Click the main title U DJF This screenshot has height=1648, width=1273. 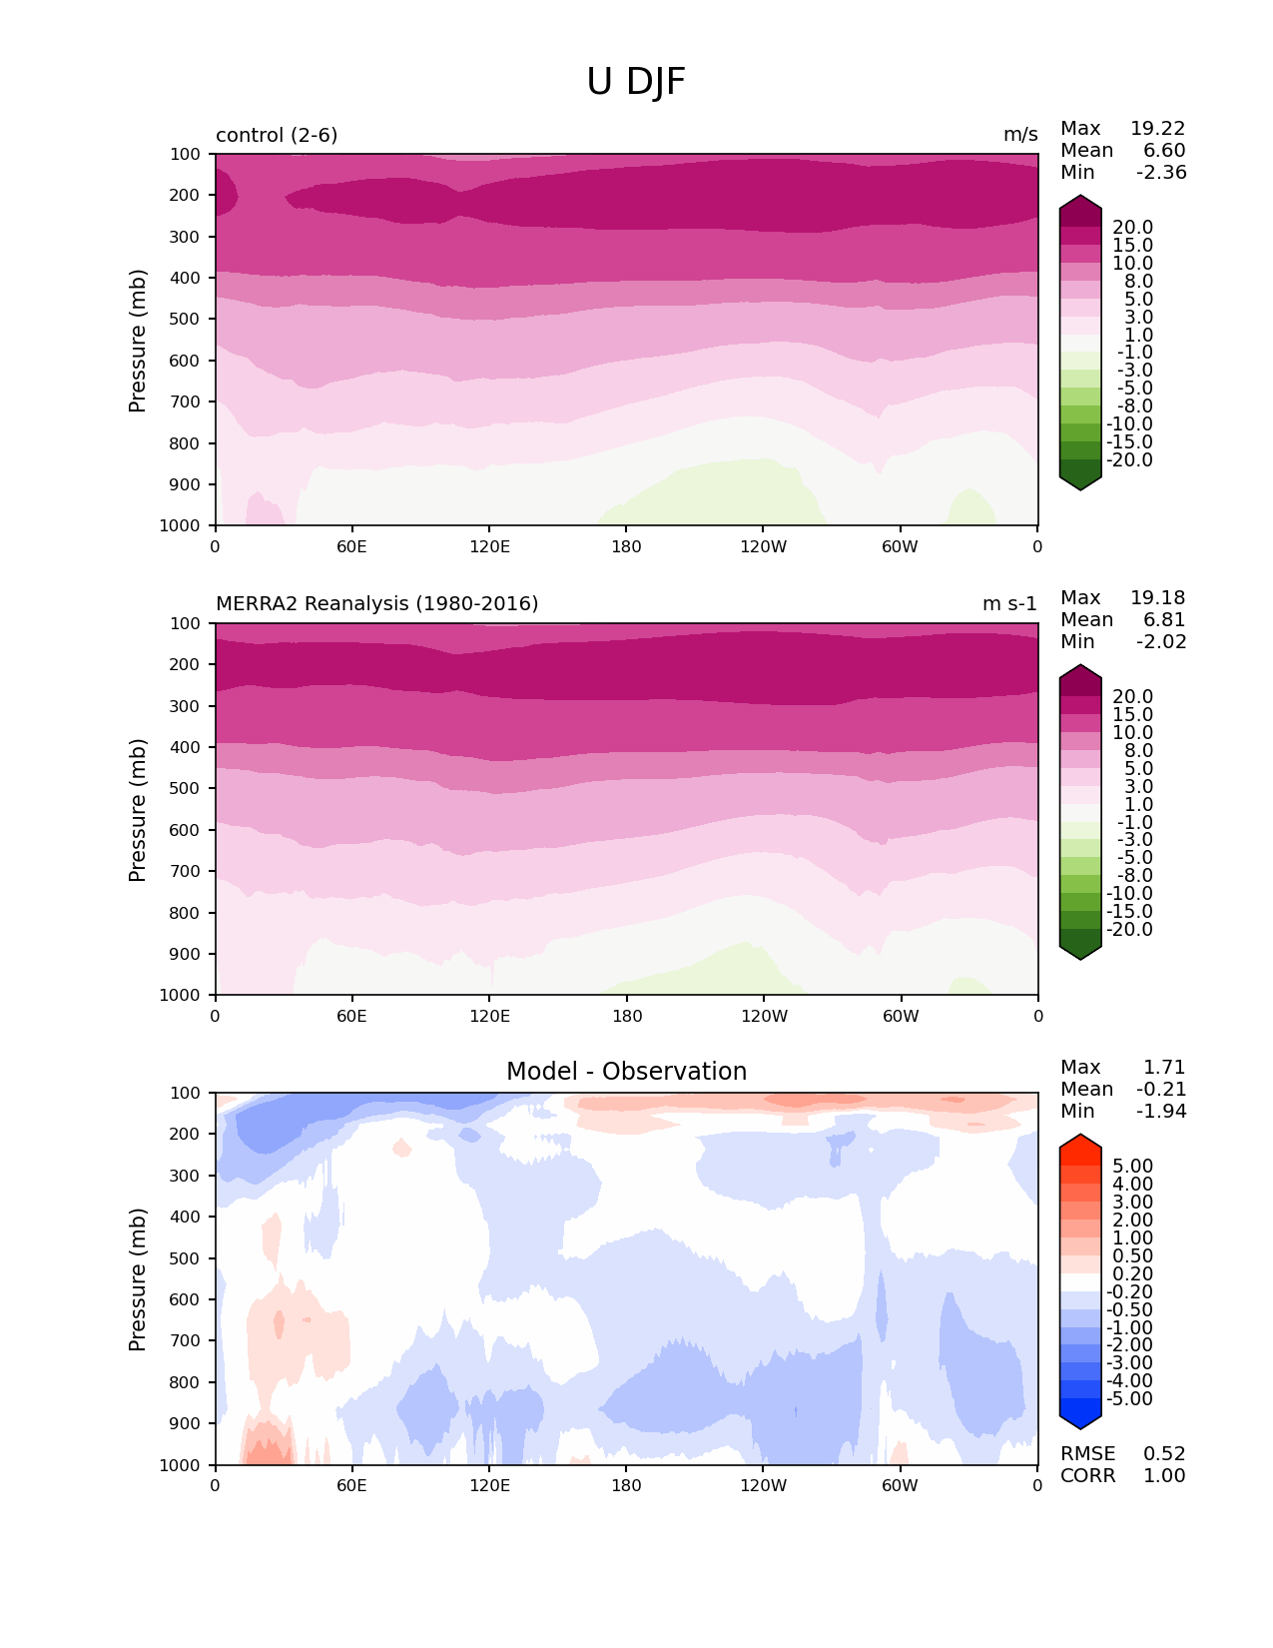636,82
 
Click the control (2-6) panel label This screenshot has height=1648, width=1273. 277,135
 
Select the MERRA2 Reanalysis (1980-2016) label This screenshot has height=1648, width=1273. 376,604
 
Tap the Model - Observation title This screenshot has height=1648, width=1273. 626,1072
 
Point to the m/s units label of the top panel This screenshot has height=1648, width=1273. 1020,135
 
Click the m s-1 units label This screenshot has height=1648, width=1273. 1009,604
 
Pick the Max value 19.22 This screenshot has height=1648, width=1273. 1157,129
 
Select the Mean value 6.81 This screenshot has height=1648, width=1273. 1164,620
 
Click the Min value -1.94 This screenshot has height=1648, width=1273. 1161,1112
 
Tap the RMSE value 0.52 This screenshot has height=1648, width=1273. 1164,1454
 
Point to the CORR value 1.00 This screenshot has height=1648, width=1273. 1164,1476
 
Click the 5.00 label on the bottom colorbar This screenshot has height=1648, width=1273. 1132,1167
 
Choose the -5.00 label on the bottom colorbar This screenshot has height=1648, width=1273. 1129,1399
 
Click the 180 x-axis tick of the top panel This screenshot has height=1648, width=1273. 626,547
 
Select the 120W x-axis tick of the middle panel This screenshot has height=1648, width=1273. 764,1017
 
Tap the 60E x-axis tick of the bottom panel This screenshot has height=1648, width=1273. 351,1486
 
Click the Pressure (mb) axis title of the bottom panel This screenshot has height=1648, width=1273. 138,1279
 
